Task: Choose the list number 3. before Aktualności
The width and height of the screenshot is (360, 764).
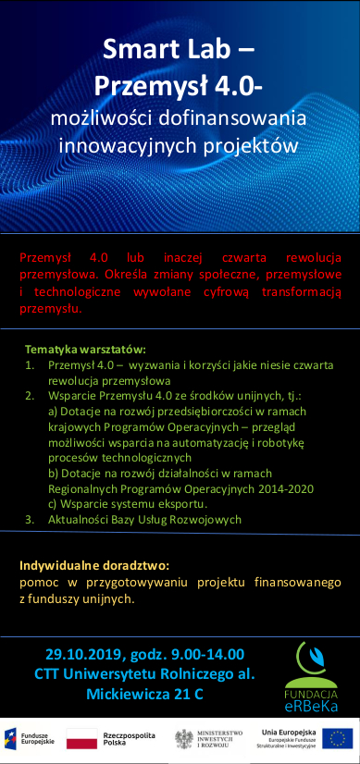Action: [31, 520]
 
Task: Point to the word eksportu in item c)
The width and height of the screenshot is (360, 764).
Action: [181, 505]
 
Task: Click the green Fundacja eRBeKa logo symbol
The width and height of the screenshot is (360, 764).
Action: [310, 659]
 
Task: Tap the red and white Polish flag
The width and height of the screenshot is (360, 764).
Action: [81, 738]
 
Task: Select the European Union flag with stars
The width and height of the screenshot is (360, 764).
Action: [338, 738]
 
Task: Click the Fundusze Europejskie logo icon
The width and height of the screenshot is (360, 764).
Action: [12, 738]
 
